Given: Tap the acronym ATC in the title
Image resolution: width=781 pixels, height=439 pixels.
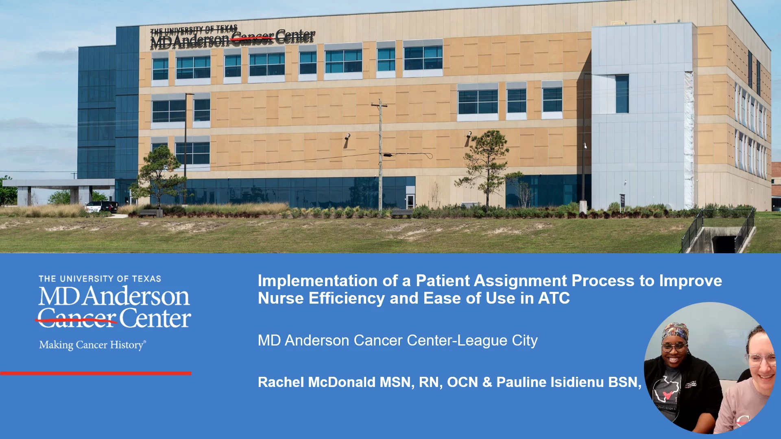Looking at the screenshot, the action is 554,298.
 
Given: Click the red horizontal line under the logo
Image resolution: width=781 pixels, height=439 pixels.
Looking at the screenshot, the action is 96,373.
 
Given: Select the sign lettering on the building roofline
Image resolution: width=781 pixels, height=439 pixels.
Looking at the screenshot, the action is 232,37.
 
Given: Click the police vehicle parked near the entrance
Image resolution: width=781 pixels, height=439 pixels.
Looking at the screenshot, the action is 102,206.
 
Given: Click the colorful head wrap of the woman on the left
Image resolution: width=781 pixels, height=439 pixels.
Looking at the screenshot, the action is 675,332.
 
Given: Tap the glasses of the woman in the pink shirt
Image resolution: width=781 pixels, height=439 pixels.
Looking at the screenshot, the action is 761,359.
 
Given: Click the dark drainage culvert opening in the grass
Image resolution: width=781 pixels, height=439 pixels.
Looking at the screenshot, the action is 723,244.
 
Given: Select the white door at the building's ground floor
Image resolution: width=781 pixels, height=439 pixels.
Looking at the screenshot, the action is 410,201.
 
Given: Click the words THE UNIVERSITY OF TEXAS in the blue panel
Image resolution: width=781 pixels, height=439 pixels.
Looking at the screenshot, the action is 100,279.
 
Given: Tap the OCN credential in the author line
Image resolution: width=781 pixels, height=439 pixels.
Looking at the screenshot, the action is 462,382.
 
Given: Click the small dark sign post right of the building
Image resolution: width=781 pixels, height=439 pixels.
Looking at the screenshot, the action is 622,202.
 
